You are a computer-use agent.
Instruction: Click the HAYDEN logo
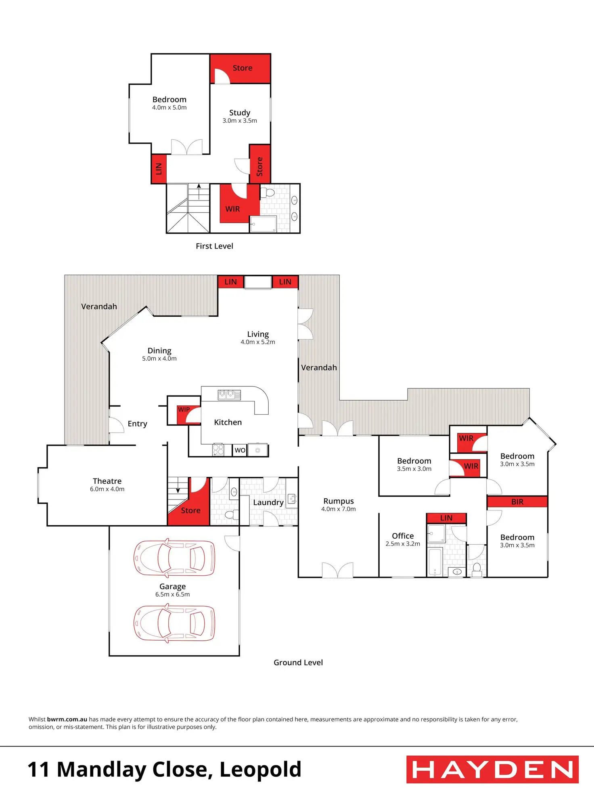492,769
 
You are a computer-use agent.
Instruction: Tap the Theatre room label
107,481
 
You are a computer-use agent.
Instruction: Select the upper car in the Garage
174,558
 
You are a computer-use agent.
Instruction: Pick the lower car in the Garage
174,623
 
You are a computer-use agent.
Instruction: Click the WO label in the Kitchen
240,450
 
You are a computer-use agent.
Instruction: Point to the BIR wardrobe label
517,502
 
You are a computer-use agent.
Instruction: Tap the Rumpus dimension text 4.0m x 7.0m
338,509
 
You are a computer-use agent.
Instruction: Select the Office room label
403,536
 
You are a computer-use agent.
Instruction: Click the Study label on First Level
240,113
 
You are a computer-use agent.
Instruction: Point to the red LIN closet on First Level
159,169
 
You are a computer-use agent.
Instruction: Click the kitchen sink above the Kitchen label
229,395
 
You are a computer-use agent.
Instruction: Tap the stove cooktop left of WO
218,449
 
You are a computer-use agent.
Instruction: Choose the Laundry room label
268,502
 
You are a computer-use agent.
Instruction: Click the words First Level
214,246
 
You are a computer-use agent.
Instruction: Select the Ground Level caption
298,662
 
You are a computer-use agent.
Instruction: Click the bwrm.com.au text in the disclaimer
67,719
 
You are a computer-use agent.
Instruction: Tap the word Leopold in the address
260,769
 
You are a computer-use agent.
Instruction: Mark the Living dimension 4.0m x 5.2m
257,342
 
